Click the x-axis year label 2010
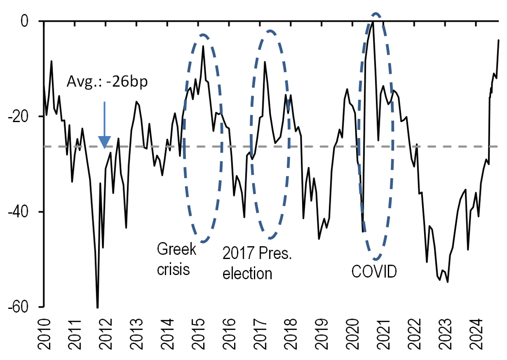point(44,336)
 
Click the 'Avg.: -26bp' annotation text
point(107,82)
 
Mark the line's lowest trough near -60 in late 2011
point(98,307)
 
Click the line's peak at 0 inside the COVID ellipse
point(373,21)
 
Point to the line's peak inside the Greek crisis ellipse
point(203,46)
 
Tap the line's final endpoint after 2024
point(499,40)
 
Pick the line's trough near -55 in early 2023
point(447,282)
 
